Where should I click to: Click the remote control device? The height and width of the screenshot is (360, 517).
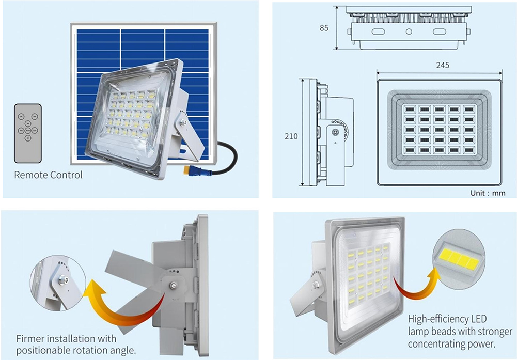(28, 134)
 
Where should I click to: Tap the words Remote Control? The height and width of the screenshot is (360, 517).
(48, 175)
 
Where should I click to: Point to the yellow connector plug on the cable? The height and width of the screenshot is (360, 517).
(187, 170)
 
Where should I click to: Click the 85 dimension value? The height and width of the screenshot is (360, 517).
(324, 28)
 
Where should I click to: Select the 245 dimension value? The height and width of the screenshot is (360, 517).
(443, 65)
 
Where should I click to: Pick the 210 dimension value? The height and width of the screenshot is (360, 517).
(291, 136)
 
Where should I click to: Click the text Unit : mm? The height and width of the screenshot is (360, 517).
(488, 193)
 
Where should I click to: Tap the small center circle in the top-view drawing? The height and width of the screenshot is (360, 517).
(409, 32)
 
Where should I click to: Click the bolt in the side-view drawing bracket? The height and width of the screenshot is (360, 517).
(335, 133)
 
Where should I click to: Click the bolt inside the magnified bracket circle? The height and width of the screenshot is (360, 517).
(62, 280)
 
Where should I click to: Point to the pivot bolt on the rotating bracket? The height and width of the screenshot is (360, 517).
(173, 286)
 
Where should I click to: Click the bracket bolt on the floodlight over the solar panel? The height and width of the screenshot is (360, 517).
(184, 123)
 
